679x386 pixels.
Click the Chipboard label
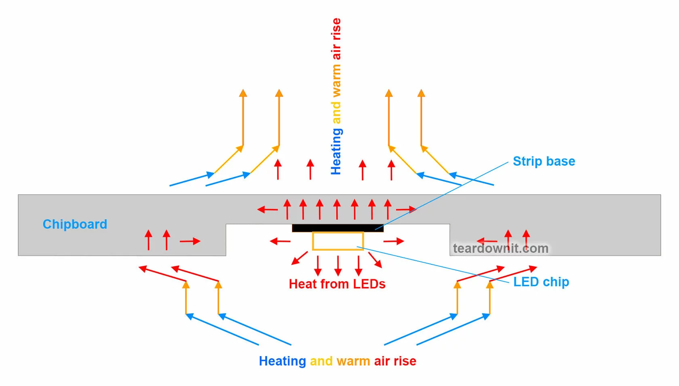(x=75, y=224)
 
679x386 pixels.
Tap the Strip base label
(x=544, y=161)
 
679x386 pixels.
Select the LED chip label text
(x=541, y=282)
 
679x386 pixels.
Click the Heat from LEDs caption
(x=337, y=284)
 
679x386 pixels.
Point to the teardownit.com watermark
(x=500, y=248)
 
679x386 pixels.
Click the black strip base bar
(x=337, y=228)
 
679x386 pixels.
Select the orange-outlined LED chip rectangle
(x=338, y=241)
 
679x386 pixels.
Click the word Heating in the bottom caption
(x=282, y=361)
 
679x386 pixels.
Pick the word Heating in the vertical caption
(x=336, y=151)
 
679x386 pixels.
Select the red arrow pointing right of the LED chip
(x=394, y=241)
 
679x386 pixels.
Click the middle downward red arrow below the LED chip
(x=338, y=266)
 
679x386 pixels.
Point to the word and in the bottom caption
(x=321, y=361)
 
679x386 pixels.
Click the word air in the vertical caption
(x=336, y=52)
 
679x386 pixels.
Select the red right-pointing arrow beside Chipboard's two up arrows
(x=190, y=241)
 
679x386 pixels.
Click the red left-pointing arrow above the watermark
(x=487, y=241)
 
